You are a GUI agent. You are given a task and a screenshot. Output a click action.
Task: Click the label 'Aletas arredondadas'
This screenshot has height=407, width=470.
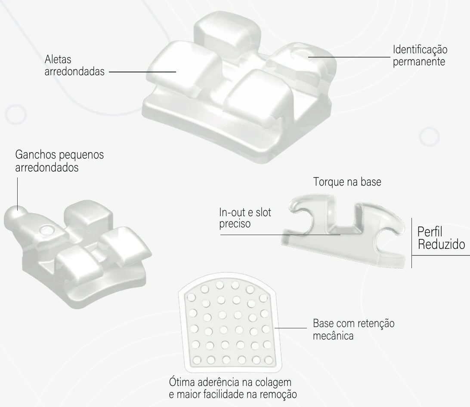point(74,65)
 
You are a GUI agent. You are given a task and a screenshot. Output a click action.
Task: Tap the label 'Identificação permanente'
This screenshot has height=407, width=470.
point(420,55)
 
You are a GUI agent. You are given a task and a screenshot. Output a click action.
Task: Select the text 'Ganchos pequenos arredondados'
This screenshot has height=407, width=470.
point(59,161)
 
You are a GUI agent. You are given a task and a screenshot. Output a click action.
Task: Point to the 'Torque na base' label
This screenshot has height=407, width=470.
point(347,182)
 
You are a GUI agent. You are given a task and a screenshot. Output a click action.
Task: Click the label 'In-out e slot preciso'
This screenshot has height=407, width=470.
point(245,218)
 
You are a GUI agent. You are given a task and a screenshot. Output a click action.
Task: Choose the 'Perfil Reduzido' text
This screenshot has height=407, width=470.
point(441,238)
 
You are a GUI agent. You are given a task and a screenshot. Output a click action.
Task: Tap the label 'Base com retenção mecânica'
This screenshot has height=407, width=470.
point(354,330)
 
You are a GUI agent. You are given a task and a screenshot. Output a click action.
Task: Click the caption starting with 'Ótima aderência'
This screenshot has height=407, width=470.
point(233,388)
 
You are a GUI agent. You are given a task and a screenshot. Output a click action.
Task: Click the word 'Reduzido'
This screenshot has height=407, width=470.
point(442,244)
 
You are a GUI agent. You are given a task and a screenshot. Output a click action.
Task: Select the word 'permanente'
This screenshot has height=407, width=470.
point(419,61)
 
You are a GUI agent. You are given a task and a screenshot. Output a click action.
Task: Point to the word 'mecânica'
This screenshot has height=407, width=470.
point(333,336)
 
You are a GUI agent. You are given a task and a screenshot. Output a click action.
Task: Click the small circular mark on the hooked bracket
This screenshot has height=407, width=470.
point(47,230)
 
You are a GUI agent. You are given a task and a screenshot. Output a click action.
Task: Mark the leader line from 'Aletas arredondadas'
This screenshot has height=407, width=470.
point(142,72)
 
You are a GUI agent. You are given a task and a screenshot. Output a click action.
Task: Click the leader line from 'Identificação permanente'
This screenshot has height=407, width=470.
point(349,57)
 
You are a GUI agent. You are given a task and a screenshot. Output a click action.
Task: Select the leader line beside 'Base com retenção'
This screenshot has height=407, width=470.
point(291,328)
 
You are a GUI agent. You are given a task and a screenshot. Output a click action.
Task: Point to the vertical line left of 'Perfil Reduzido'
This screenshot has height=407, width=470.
point(411,243)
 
